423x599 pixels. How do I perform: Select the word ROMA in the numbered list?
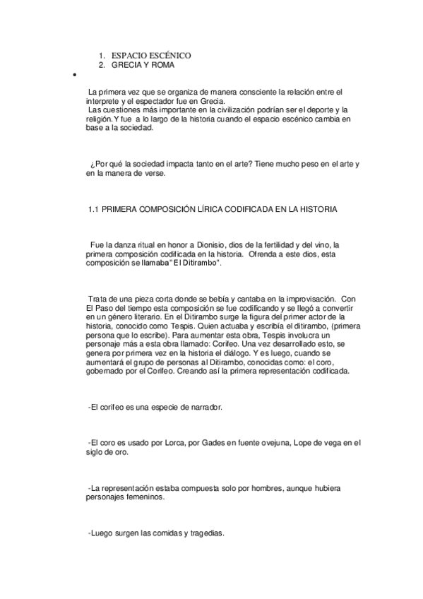coord(160,65)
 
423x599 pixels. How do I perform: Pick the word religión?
coord(99,120)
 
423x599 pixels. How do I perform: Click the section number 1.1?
coord(92,210)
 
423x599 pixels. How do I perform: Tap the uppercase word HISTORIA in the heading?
coord(317,210)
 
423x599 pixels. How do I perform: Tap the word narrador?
coord(205,408)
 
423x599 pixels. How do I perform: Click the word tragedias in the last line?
coord(205,533)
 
